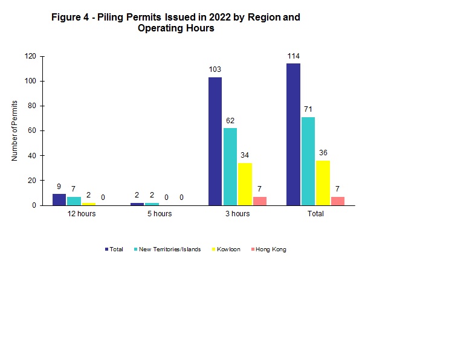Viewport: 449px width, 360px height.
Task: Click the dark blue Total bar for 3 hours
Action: [x=215, y=141]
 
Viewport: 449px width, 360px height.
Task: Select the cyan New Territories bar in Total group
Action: [x=308, y=161]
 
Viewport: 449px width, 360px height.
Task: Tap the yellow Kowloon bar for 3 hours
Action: [x=245, y=184]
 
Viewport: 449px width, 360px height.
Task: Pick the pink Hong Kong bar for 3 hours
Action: [x=260, y=201]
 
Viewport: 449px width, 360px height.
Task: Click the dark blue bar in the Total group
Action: [x=293, y=134]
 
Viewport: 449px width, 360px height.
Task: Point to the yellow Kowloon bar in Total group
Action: [x=323, y=183]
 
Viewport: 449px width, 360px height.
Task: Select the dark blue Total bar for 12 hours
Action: [x=59, y=200]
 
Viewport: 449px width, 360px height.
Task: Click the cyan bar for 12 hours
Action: [x=74, y=201]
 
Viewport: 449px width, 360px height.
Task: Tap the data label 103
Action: [x=215, y=69]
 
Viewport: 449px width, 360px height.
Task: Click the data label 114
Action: [x=293, y=56]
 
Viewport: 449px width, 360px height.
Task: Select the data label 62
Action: [x=230, y=121]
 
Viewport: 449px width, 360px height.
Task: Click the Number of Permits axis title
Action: [x=15, y=130]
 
